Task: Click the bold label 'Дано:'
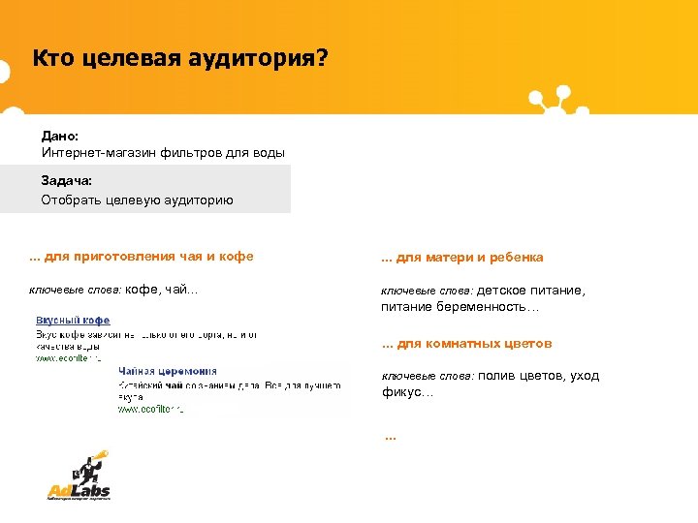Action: (60, 138)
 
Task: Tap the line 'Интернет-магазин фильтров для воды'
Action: (163, 153)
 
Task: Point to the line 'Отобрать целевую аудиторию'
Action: (137, 200)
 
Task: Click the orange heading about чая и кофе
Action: (142, 257)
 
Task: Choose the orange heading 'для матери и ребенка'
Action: (462, 258)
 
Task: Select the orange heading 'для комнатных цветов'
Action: (467, 344)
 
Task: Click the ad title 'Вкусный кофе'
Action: (73, 320)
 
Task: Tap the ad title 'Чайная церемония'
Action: (167, 371)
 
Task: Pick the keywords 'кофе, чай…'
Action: (162, 290)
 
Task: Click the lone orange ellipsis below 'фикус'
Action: (391, 437)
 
